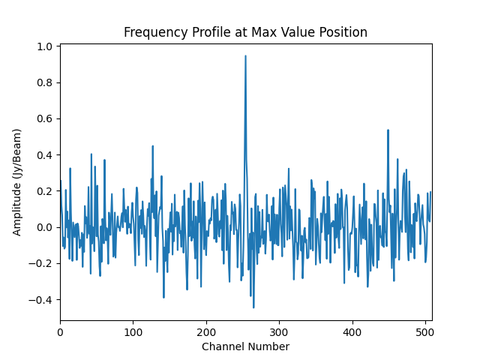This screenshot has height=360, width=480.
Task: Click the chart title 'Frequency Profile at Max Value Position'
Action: (x=245, y=32)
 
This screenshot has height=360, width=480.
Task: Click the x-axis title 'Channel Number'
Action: (x=245, y=346)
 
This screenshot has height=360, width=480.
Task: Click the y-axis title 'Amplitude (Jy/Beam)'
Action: (x=17, y=182)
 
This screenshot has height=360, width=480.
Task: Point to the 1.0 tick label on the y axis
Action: (x=44, y=46)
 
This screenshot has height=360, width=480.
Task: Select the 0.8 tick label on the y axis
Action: (x=44, y=82)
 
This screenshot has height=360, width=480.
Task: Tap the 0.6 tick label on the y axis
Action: (x=44, y=118)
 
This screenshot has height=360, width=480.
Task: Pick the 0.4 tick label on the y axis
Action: (x=44, y=155)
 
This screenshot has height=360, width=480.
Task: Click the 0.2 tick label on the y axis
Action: (x=44, y=191)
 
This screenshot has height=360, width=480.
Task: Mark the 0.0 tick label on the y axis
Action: (x=44, y=227)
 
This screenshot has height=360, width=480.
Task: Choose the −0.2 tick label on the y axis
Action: (x=41, y=263)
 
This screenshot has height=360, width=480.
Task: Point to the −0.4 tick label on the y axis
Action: (x=41, y=300)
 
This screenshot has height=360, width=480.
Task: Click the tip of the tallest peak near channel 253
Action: (x=245, y=55)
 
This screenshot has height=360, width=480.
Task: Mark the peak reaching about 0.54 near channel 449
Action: (x=388, y=130)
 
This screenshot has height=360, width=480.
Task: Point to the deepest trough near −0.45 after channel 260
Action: (x=253, y=307)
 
